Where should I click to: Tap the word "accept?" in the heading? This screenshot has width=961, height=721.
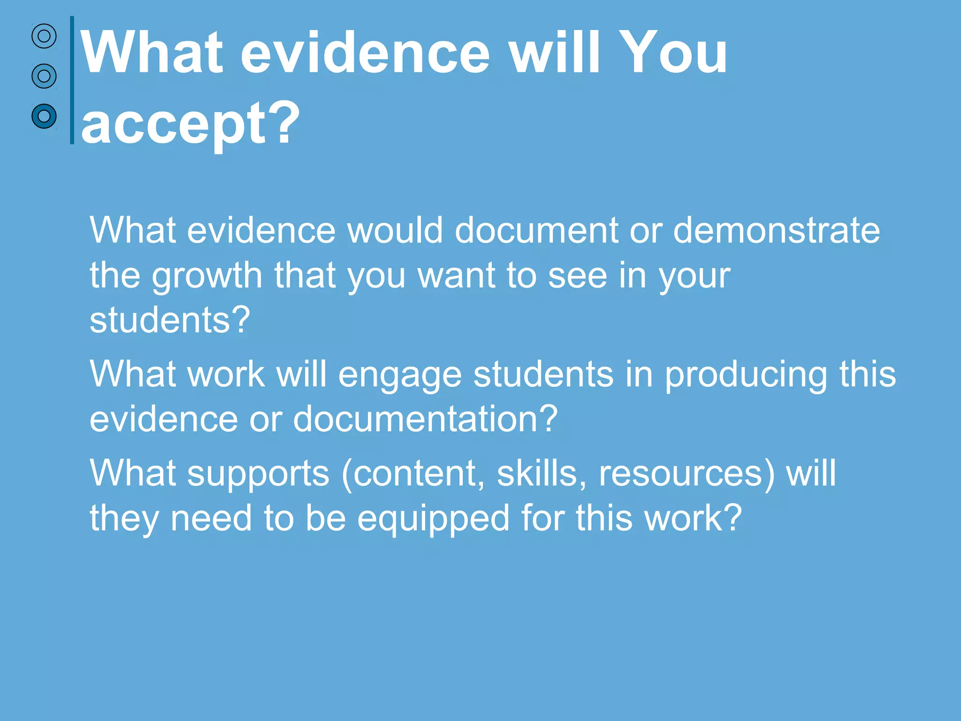(x=190, y=123)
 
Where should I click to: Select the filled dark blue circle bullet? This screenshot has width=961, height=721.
(x=44, y=115)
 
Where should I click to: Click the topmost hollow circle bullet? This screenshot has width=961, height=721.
(x=44, y=36)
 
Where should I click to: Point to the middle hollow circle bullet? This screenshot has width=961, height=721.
(x=44, y=76)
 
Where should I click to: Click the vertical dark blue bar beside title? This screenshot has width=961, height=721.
(x=72, y=80)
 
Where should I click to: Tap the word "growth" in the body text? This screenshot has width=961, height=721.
(x=206, y=276)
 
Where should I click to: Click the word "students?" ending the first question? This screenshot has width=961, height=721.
(x=170, y=320)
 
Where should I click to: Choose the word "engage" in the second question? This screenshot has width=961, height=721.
(x=400, y=375)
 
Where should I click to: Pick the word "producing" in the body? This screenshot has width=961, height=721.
(x=746, y=375)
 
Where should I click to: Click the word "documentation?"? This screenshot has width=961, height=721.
(x=425, y=419)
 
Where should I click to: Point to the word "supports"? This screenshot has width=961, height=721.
(x=259, y=473)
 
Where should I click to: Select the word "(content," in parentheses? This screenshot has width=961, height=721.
(x=413, y=473)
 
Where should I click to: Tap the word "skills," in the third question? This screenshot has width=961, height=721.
(x=542, y=473)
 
